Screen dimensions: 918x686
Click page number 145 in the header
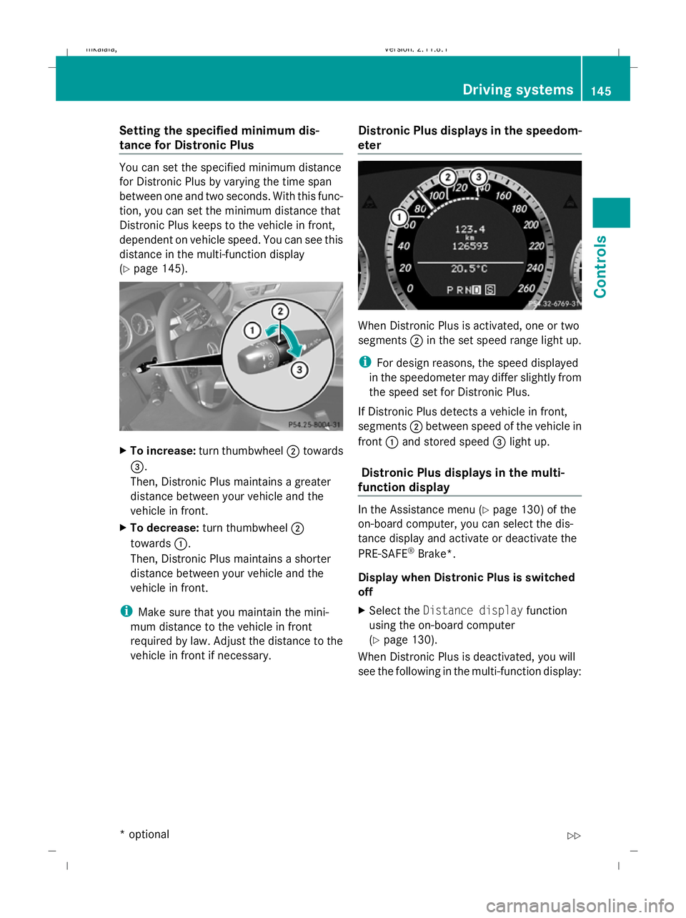601,91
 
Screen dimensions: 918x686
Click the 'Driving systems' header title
517,89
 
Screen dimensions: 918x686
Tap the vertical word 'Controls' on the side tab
601,266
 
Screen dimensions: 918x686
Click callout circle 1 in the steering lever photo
252,330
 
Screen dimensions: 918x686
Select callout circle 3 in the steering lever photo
299,370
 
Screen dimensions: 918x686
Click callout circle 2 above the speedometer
447,177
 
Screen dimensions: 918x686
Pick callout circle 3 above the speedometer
478,177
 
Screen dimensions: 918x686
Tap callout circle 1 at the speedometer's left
399,217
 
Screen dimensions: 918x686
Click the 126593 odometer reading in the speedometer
469,246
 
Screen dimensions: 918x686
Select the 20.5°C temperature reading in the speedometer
469,269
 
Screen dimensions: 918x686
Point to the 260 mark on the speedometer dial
526,288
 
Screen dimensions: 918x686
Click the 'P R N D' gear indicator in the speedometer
464,290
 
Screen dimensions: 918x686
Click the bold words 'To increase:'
163,450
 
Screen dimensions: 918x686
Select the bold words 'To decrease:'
164,528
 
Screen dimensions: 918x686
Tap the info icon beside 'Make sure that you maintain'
125,611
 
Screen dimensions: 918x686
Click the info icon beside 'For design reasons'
364,362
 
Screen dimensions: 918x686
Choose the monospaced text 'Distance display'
472,611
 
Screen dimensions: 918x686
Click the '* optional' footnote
145,834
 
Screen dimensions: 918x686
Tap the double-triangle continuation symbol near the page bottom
574,836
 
